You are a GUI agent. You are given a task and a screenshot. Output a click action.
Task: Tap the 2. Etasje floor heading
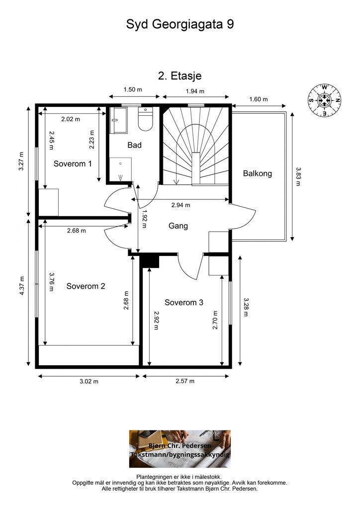[x=180, y=76]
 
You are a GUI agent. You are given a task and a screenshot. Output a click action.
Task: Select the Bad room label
[x=134, y=145]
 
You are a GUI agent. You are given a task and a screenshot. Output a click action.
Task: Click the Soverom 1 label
[x=73, y=164]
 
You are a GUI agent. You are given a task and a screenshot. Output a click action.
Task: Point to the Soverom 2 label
[x=86, y=286]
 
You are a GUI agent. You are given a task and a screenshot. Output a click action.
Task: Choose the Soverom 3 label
[x=184, y=303]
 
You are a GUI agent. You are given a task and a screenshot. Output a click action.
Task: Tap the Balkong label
[x=258, y=173]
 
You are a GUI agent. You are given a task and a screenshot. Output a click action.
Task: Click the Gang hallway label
[x=178, y=226]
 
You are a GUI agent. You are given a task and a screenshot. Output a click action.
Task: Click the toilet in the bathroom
[x=145, y=119]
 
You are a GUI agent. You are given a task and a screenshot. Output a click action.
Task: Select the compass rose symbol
[x=324, y=100]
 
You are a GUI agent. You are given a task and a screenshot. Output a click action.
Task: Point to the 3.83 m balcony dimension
[x=298, y=176]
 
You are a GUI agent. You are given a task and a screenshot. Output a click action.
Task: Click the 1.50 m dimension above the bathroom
[x=133, y=89]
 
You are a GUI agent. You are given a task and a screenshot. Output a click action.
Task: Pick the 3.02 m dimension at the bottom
[x=89, y=381]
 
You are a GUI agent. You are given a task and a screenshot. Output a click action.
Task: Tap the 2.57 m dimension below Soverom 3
[x=185, y=381]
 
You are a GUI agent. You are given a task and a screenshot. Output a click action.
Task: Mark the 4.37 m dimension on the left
[x=22, y=286]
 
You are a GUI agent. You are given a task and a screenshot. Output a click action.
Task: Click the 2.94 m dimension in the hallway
[x=181, y=205]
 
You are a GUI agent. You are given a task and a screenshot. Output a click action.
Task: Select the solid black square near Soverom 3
[x=151, y=260]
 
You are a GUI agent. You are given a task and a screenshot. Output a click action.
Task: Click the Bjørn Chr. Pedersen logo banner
[x=180, y=449]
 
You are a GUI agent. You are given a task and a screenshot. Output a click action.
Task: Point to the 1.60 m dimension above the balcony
[x=259, y=99]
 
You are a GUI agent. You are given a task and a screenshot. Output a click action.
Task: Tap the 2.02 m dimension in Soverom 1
[x=71, y=119]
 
